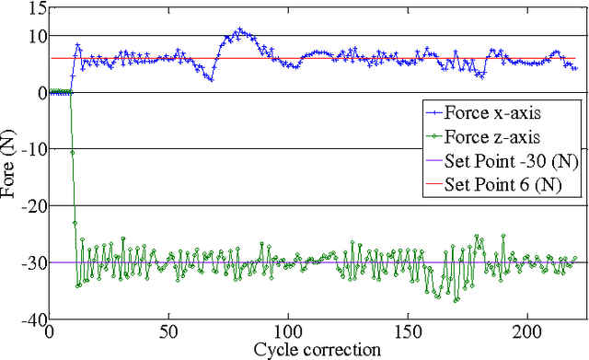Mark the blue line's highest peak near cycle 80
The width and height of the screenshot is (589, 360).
240,29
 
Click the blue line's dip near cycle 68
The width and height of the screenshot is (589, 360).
212,80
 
